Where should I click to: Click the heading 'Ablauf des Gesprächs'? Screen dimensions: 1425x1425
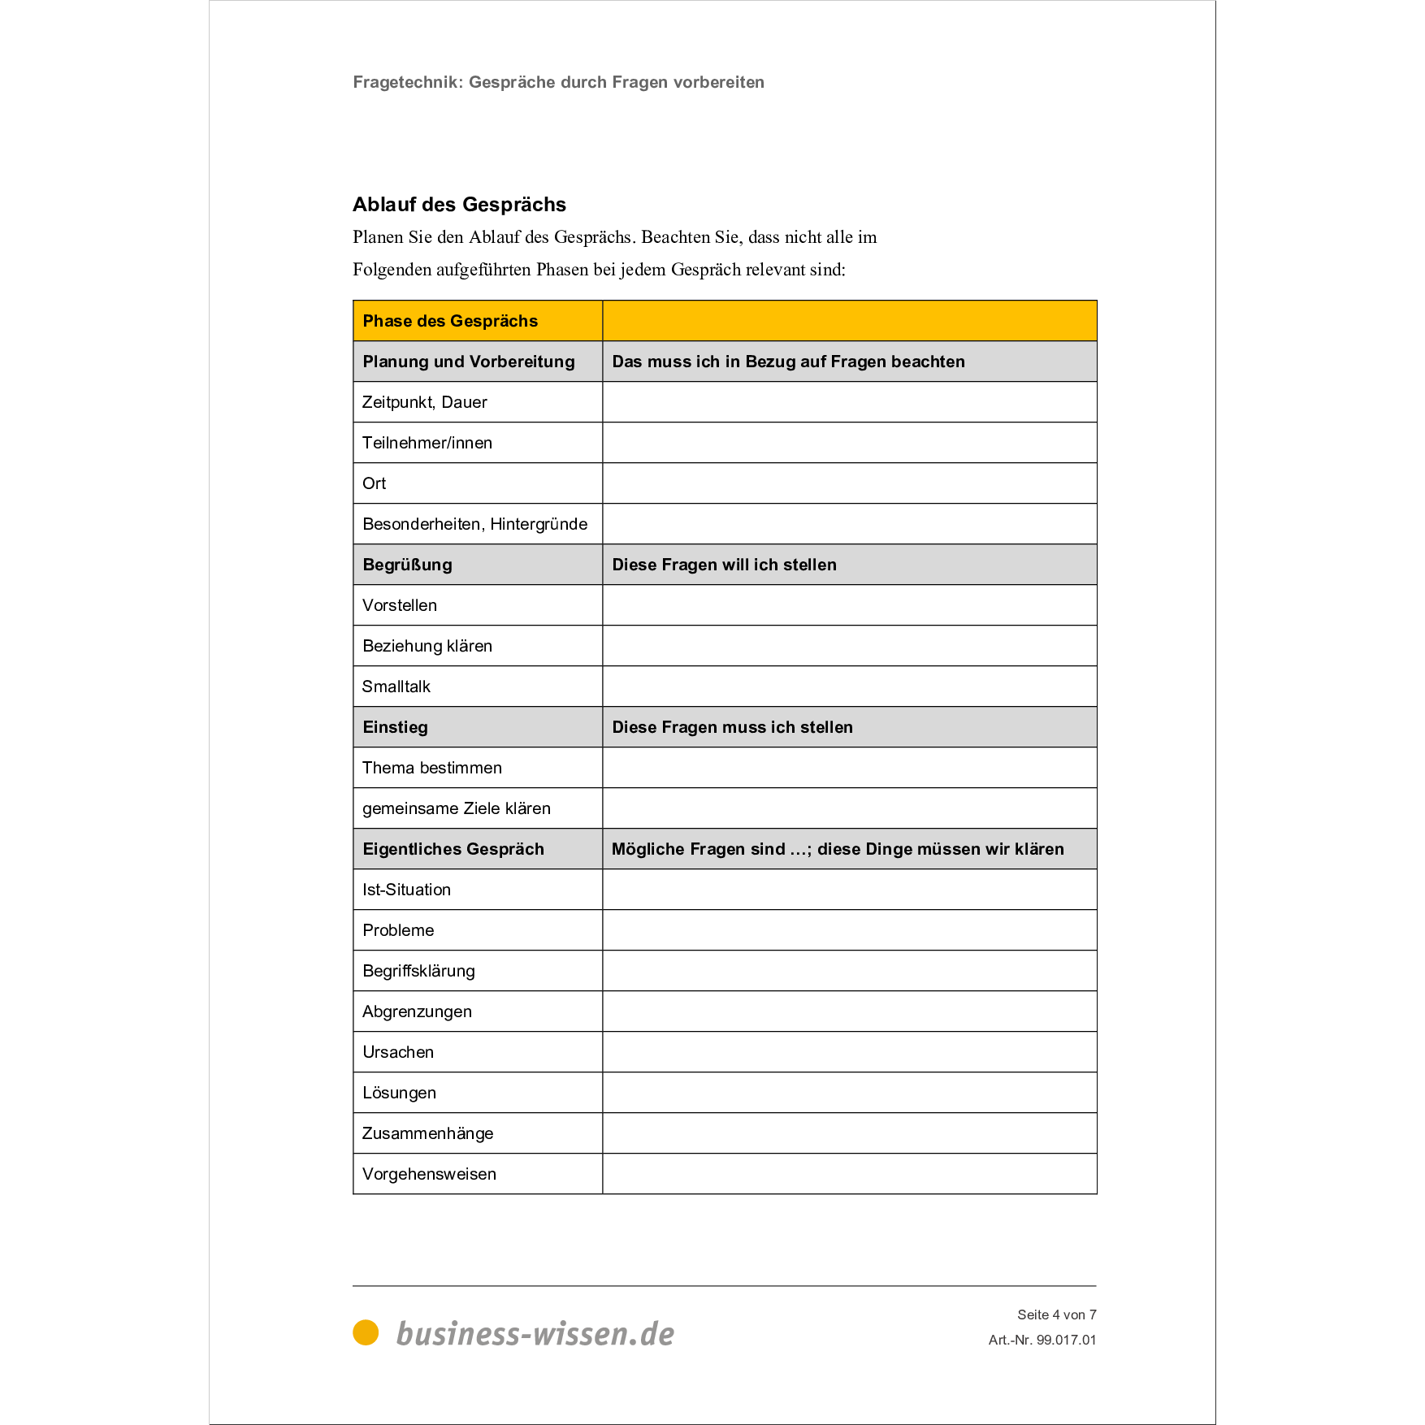click(x=459, y=205)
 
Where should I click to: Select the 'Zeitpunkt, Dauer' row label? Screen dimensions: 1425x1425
click(x=424, y=402)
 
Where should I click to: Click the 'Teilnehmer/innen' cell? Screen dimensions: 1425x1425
click(x=427, y=443)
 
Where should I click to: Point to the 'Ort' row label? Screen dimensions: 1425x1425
click(x=375, y=483)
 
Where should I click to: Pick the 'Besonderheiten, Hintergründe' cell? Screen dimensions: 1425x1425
click(x=474, y=524)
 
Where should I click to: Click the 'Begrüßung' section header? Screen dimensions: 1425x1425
click(x=407, y=565)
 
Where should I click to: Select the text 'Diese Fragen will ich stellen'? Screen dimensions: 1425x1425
click(x=724, y=565)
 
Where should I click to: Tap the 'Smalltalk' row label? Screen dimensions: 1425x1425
click(x=396, y=687)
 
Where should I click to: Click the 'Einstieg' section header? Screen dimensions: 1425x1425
click(x=395, y=727)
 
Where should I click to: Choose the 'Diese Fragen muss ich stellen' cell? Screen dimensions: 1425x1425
click(x=732, y=727)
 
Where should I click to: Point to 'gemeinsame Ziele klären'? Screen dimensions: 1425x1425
click(x=457, y=808)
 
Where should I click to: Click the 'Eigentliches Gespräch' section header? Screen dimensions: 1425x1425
click(x=453, y=849)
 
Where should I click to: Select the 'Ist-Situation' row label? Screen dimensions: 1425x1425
click(x=406, y=890)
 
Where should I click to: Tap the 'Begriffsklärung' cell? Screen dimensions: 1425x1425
click(x=418, y=971)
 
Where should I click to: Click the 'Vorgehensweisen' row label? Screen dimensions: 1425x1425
click(x=429, y=1174)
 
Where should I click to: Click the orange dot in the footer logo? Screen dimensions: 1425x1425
click(x=366, y=1332)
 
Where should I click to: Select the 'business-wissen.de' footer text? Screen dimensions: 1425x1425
click(x=535, y=1334)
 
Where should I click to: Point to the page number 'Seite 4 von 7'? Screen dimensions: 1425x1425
click(x=1056, y=1315)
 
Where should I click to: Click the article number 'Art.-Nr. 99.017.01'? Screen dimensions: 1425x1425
click(x=1042, y=1340)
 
